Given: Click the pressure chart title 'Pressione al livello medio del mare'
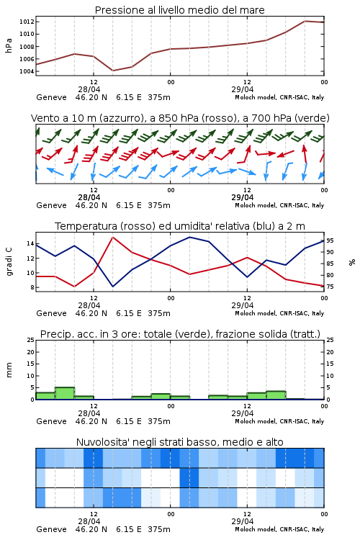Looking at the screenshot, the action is [x=179, y=10].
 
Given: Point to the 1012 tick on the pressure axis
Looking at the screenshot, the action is [x=27, y=22].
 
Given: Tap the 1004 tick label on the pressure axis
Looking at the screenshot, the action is [x=27, y=71].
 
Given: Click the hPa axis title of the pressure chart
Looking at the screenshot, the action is [x=9, y=45].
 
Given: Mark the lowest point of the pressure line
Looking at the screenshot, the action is [x=112, y=71].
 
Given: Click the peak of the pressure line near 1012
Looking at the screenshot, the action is [x=305, y=21].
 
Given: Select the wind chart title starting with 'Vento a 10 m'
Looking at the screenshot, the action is [x=180, y=118].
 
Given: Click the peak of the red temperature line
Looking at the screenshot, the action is [x=112, y=237].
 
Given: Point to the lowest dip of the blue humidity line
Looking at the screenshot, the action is [x=112, y=287].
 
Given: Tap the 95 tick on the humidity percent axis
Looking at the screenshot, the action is [x=330, y=240].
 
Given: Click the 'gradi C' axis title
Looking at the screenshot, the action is [x=9, y=261].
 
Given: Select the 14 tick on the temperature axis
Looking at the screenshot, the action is [x=30, y=244].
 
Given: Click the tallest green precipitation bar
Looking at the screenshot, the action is [x=65, y=393].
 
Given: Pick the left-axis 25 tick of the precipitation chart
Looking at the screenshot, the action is [x=31, y=340].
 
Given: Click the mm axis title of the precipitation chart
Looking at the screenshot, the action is [x=9, y=370].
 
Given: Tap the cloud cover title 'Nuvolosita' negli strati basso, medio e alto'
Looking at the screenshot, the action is [x=179, y=442].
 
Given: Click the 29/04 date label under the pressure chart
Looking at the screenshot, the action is [x=243, y=89].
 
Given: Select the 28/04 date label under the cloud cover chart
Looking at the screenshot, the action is [x=89, y=521].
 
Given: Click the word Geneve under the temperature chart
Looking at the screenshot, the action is [x=51, y=313].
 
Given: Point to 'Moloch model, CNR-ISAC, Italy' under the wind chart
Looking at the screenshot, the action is [x=279, y=206].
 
